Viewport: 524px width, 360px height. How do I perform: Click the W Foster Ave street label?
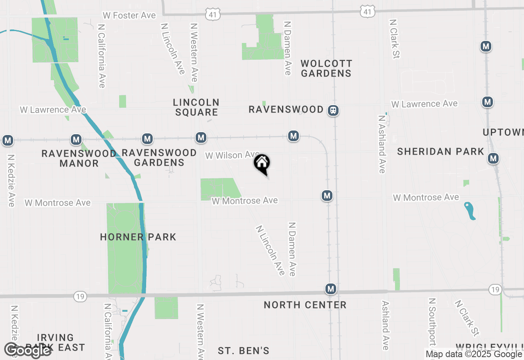click(129, 16)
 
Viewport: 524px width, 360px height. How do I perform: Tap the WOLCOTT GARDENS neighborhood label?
click(326, 68)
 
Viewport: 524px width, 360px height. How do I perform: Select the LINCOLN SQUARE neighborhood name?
click(196, 107)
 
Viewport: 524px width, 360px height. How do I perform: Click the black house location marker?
click(262, 164)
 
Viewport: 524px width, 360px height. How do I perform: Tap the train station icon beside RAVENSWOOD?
click(333, 110)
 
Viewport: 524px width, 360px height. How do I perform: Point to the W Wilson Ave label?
click(232, 155)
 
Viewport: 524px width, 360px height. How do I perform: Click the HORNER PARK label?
click(138, 237)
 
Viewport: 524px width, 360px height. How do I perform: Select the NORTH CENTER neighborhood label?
click(305, 305)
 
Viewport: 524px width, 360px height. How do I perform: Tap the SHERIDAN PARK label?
click(440, 152)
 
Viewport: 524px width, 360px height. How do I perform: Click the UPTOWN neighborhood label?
click(503, 132)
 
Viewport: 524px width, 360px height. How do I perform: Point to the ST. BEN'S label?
click(243, 351)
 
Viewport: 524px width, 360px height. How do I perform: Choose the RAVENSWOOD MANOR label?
click(79, 158)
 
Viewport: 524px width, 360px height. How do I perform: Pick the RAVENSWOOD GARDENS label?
click(159, 157)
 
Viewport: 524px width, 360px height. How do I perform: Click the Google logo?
click(27, 350)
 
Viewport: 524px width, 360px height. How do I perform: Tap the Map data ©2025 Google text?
click(474, 354)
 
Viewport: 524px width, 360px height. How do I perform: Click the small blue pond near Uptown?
click(470, 210)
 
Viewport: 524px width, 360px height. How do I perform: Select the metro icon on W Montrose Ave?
click(327, 196)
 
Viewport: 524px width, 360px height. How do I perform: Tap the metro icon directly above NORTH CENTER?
click(331, 289)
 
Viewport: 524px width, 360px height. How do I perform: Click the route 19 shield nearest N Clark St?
click(495, 290)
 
